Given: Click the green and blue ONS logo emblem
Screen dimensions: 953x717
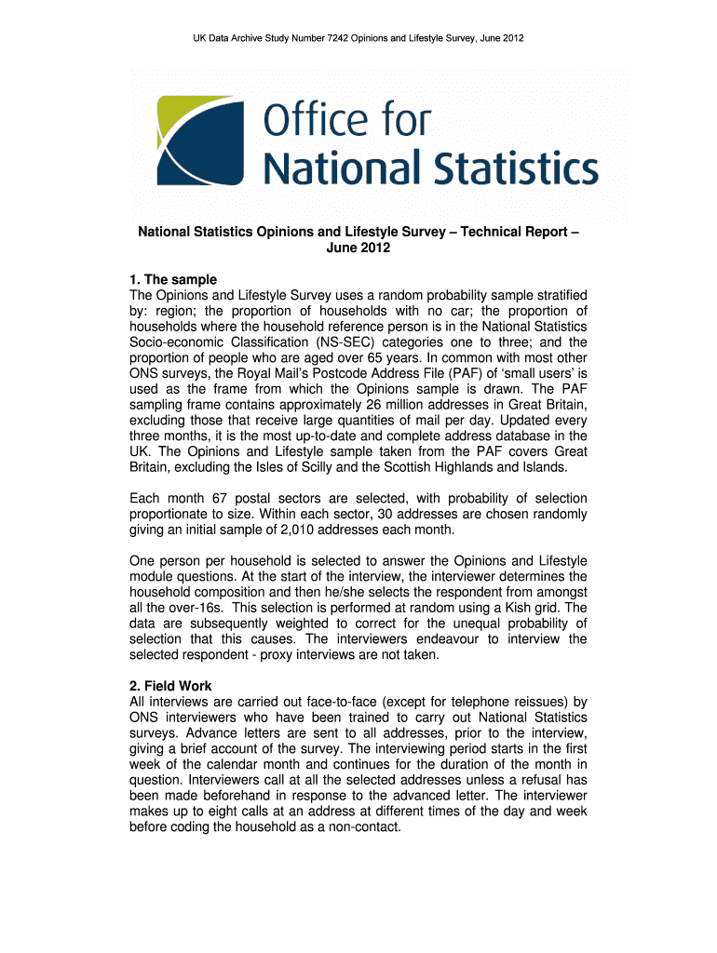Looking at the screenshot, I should [199, 141].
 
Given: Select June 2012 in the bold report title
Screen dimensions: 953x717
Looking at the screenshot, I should [358, 248].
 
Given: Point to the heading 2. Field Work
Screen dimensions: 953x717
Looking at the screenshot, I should [171, 686].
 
